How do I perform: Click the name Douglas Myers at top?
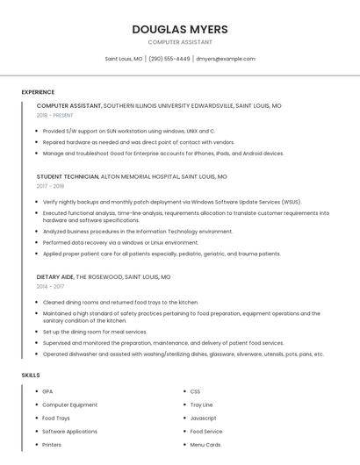tap(180, 29)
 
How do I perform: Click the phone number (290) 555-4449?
tap(169, 59)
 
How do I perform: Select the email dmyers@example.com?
tap(225, 59)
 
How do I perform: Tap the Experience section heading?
tap(38, 92)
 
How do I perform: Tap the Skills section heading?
tap(31, 375)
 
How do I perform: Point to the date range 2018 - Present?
tap(54, 115)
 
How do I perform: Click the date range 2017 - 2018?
tap(51, 186)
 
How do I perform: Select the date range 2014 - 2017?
tap(50, 286)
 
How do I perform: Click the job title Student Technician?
tap(68, 176)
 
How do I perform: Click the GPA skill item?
tap(47, 391)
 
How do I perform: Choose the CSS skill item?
tap(195, 391)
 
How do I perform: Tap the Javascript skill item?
tap(203, 418)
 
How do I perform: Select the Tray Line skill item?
tap(201, 404)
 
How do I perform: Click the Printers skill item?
tap(52, 445)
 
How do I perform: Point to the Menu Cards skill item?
tap(205, 445)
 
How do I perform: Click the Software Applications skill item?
tap(69, 432)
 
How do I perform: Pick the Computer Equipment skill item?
tap(69, 404)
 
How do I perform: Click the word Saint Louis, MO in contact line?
tap(124, 59)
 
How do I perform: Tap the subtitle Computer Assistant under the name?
tap(180, 42)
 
